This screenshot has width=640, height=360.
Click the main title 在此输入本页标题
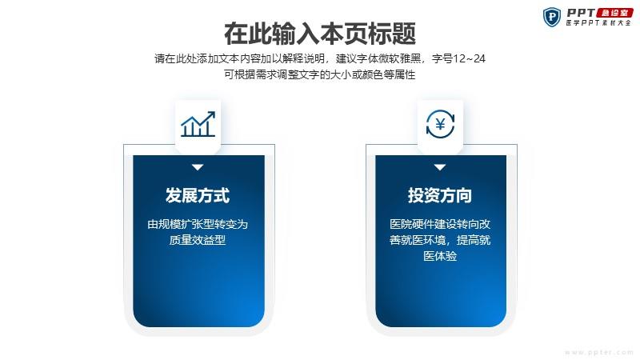click(320, 34)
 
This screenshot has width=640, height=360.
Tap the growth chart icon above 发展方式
click(198, 124)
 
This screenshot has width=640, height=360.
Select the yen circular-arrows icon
click(440, 124)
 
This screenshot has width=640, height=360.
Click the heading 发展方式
click(198, 195)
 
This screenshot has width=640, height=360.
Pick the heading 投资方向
click(440, 195)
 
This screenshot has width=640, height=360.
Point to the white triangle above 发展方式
click(198, 167)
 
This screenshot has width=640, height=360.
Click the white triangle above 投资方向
click(440, 167)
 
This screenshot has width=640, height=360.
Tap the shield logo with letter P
click(552, 17)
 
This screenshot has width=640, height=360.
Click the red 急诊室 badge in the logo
click(614, 13)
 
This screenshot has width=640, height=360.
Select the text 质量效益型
click(198, 240)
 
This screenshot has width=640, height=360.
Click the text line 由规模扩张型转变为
click(198, 224)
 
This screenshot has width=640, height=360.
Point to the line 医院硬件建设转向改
click(440, 224)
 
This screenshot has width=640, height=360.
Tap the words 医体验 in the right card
click(440, 256)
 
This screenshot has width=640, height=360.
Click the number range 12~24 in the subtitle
click(469, 58)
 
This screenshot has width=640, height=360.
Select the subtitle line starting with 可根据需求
click(320, 74)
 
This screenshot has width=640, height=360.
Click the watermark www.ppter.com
click(599, 352)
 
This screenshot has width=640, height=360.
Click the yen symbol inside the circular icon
click(441, 124)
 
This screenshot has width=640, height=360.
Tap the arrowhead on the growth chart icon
click(211, 114)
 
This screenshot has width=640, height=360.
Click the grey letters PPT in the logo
click(581, 13)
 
